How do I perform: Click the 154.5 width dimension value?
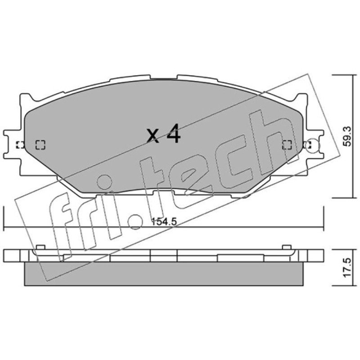point(164,222)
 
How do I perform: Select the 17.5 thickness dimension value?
point(347,267)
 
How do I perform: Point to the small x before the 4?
point(153,136)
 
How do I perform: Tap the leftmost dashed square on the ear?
point(20,145)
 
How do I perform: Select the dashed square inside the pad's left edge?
point(40,145)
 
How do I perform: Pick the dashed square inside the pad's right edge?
point(287,145)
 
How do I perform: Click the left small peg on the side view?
point(40,247)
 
